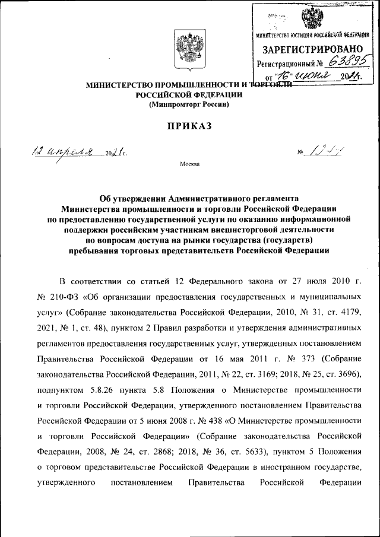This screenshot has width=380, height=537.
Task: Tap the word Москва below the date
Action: pyautogui.click(x=189, y=164)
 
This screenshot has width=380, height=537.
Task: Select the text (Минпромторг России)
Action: pyautogui.click(x=188, y=104)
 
